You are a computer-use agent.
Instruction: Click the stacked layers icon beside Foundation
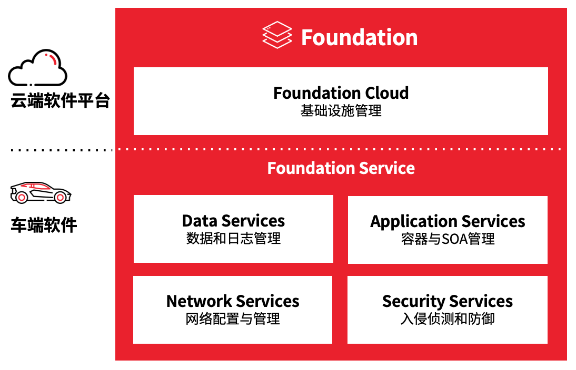[277, 36]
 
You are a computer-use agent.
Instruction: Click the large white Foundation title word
[359, 37]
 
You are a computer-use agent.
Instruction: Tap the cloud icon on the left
[37, 68]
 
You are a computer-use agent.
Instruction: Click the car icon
[41, 192]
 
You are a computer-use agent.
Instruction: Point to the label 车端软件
[44, 225]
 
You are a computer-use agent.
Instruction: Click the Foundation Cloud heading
[341, 93]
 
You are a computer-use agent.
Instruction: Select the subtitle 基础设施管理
[341, 111]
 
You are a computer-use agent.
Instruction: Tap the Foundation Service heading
[341, 168]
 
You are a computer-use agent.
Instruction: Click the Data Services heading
[233, 221]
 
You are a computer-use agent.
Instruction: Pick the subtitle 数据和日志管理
[233, 239]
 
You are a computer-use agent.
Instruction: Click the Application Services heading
[448, 221]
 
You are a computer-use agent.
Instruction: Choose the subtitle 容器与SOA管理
[448, 239]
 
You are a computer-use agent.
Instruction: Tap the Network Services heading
[233, 301]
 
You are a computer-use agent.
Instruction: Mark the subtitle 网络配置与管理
[233, 318]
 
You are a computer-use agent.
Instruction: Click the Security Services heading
[447, 301]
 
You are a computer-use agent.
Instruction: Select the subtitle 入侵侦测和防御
[447, 318]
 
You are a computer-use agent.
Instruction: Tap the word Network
[199, 301]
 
